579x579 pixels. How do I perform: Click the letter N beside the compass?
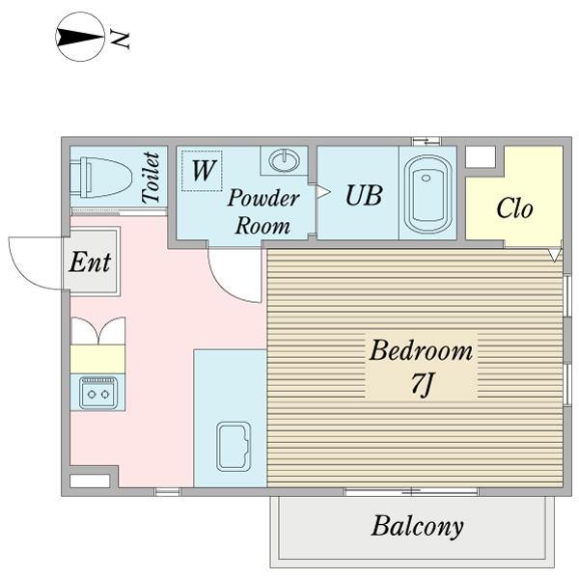121,40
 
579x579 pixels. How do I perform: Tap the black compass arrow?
80,37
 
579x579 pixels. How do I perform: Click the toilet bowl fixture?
100,178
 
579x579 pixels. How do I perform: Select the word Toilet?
152,178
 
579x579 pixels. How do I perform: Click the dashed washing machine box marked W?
202,170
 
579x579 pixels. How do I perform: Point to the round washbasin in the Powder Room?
284,160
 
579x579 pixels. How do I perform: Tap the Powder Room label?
262,211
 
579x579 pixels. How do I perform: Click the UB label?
364,195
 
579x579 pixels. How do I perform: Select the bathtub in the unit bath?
427,194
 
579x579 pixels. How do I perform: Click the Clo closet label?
514,208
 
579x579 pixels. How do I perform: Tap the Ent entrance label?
90,262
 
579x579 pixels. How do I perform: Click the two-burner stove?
98,393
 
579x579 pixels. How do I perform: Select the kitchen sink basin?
234,447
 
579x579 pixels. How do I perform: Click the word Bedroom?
421,350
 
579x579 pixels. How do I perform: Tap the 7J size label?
421,384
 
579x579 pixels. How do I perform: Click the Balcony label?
417,526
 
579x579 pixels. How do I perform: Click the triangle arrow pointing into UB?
323,192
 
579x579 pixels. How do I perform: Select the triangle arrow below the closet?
554,255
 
